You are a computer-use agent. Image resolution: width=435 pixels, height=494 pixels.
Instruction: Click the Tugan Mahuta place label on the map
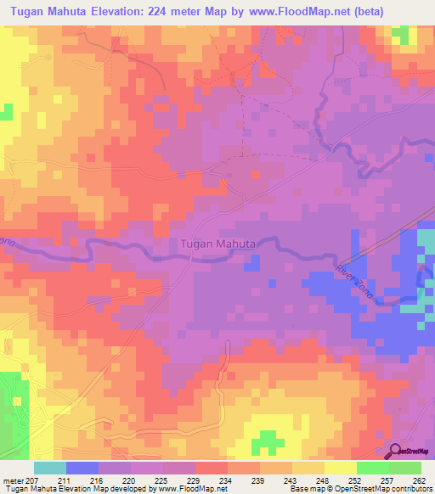click(x=217, y=244)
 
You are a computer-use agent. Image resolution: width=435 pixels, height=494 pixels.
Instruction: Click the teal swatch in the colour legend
click(x=50, y=468)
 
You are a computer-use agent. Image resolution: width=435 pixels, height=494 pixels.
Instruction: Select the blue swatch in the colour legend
click(x=82, y=468)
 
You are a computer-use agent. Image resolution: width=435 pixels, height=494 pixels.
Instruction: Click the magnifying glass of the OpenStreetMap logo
click(x=396, y=451)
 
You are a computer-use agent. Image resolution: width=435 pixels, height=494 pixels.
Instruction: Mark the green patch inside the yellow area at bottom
click(x=268, y=441)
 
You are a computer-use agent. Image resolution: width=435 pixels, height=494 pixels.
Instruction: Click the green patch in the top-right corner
click(x=398, y=34)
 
